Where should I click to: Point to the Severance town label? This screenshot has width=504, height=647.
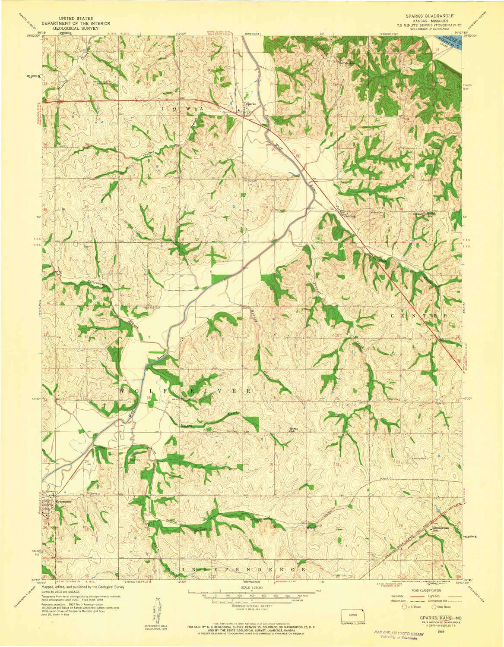click(x=63, y=502)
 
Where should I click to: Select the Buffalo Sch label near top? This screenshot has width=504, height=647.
click(x=346, y=63)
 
